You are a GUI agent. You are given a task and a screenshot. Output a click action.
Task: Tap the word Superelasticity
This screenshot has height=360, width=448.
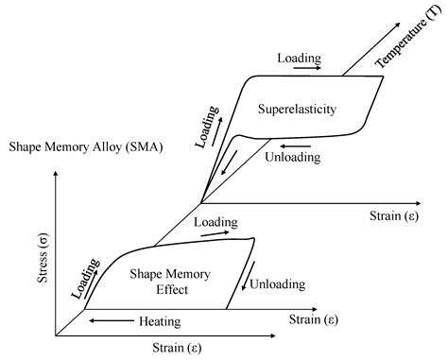[x=297, y=110]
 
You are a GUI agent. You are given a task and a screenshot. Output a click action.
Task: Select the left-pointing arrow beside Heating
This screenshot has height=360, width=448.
[x=110, y=321]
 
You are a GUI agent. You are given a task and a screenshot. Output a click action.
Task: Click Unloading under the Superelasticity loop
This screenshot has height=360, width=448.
[x=298, y=156]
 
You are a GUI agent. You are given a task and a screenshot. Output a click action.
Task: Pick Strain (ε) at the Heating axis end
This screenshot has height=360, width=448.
[x=317, y=321]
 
